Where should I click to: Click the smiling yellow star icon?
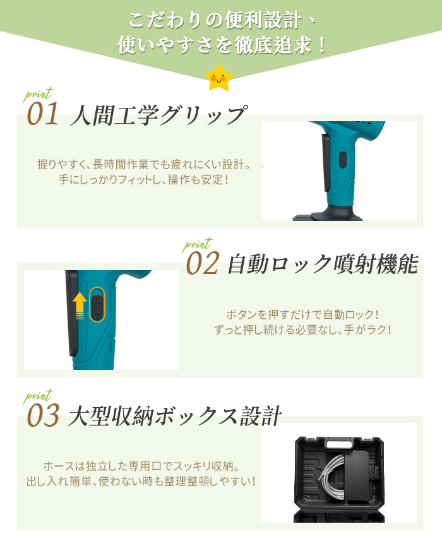(x=219, y=78)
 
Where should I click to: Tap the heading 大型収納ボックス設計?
(x=174, y=417)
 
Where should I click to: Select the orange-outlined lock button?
(x=97, y=304)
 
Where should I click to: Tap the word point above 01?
(x=37, y=95)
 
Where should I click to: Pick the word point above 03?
(x=37, y=396)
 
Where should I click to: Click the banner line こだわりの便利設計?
(x=220, y=20)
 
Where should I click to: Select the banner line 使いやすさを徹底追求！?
(x=220, y=45)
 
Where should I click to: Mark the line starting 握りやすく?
(x=144, y=165)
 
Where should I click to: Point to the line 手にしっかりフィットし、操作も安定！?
(x=144, y=180)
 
